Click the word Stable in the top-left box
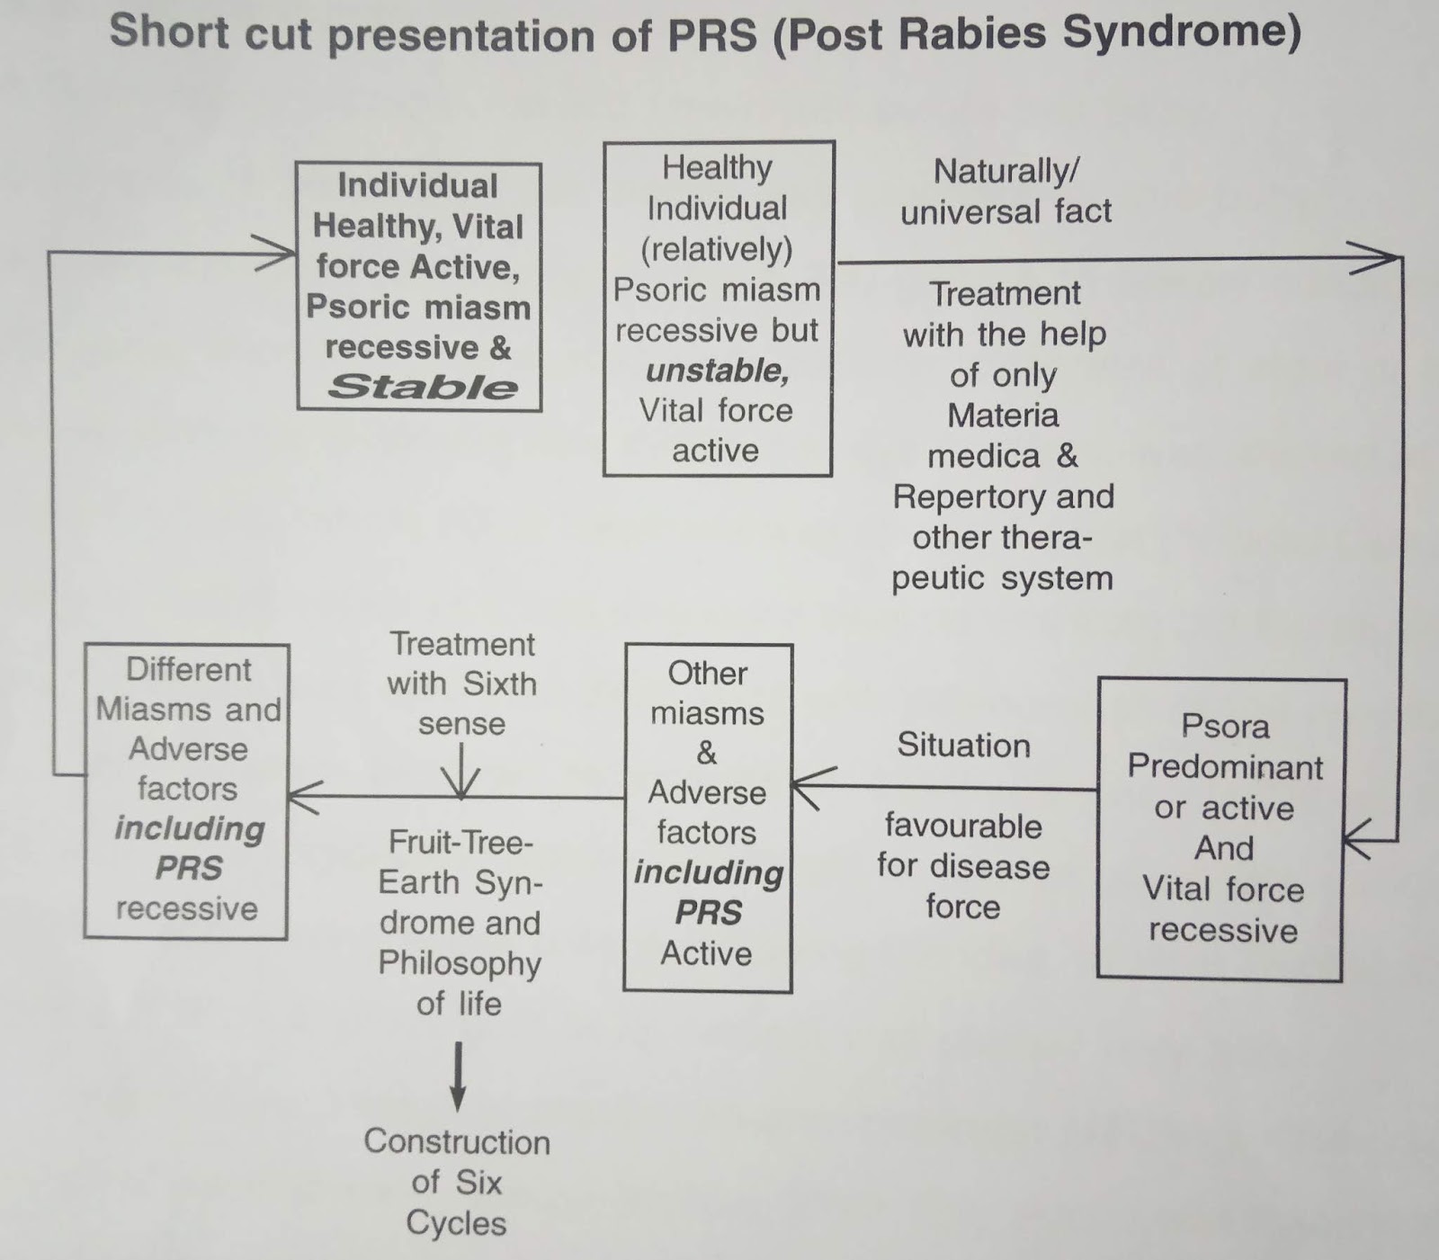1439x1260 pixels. point(423,387)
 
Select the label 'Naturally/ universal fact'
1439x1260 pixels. point(1006,191)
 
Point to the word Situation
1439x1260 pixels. point(963,745)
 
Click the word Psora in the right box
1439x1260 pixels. point(1225,726)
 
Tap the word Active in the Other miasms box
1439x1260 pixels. point(707,952)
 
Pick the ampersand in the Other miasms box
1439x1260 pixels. point(707,753)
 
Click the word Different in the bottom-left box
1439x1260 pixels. point(188,669)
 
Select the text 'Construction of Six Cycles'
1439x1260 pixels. point(457,1182)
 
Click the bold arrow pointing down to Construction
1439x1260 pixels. point(458,1077)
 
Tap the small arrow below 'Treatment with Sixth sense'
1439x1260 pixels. point(461,773)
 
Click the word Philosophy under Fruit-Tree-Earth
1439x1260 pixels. point(460,963)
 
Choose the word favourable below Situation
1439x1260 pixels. point(963,826)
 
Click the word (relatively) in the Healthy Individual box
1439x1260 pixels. point(717,249)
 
